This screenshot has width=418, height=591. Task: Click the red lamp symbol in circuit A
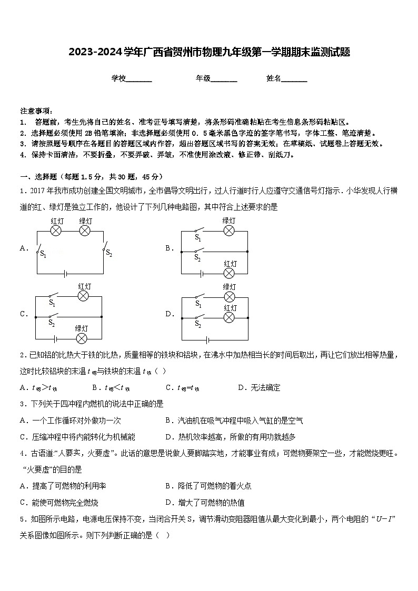[x=57, y=231]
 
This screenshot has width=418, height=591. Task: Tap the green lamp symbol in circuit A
[x=85, y=231]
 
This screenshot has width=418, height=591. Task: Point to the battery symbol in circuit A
[x=65, y=274]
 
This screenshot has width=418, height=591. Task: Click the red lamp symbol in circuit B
[x=229, y=273]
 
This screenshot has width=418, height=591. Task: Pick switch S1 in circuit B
[x=198, y=231]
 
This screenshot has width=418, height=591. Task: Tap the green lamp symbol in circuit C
[x=82, y=338]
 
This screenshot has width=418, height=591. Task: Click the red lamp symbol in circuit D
[x=229, y=317]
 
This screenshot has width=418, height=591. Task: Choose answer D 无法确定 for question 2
[x=259, y=388]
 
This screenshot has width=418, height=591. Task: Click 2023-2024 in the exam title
[x=95, y=52]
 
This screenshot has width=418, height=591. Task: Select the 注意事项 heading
[x=36, y=111]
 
